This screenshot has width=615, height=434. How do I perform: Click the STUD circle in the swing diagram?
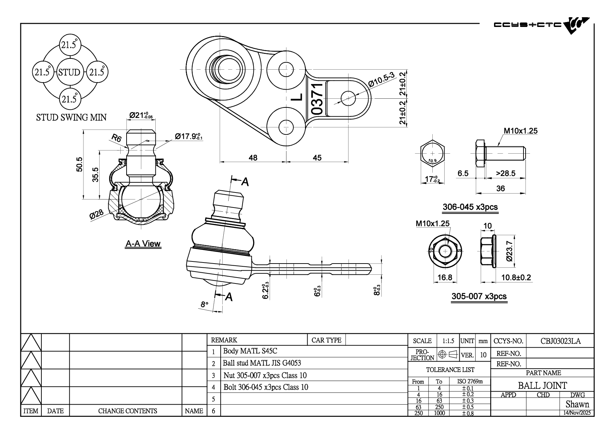(x=69, y=72)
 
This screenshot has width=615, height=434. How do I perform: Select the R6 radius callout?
(x=116, y=139)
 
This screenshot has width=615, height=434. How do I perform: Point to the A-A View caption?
(x=143, y=244)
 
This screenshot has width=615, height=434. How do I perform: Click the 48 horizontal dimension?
(x=253, y=158)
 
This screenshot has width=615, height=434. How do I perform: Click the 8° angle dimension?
(x=204, y=304)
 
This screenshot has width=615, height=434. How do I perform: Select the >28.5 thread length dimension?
(x=505, y=173)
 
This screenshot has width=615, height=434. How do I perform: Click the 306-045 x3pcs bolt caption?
(x=470, y=207)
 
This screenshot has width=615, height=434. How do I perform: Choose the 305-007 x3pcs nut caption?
(x=479, y=296)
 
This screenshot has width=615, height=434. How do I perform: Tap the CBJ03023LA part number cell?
(x=560, y=341)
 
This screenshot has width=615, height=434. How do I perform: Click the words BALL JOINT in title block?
(x=542, y=385)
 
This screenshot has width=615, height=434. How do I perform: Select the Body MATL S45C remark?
(x=250, y=351)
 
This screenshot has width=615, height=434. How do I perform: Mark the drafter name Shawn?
(x=577, y=404)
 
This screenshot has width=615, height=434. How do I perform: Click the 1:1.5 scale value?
(x=448, y=341)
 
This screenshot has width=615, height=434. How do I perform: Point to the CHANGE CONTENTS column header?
(x=127, y=411)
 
